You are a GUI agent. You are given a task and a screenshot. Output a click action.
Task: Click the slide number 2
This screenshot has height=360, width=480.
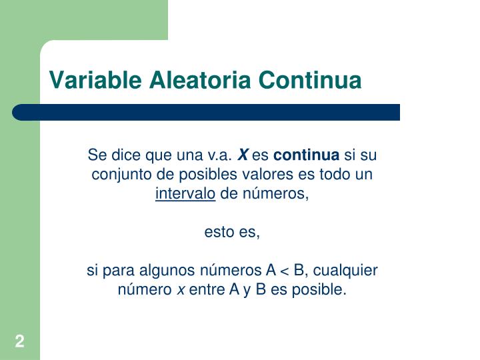point(20,343)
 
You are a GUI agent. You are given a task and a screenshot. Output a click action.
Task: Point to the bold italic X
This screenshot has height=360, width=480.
point(243,156)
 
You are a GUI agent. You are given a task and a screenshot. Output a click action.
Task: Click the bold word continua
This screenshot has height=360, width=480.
point(306,156)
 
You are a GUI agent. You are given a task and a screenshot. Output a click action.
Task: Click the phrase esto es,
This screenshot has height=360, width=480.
point(232,233)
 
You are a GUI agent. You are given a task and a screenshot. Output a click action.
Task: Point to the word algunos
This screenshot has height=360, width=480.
point(164,271)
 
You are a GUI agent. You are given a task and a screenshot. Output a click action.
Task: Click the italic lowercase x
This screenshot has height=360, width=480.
point(179,290)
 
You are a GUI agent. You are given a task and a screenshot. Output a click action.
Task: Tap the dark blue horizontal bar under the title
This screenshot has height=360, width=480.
point(207,112)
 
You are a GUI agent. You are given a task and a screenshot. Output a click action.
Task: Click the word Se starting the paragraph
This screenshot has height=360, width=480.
point(97,156)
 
